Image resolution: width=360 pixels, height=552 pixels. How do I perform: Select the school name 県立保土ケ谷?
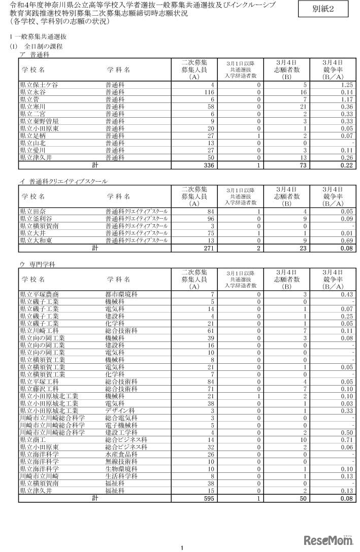pos(39,85)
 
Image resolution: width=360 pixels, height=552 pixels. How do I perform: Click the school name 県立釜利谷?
pos(35,218)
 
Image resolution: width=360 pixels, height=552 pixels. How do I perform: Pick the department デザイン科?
pos(120,410)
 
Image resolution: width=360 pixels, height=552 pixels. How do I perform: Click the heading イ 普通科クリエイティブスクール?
pos(63,181)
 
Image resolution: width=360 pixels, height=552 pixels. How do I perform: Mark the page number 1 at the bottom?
pos(181,547)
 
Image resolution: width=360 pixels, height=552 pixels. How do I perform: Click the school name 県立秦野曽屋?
pos(39,121)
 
